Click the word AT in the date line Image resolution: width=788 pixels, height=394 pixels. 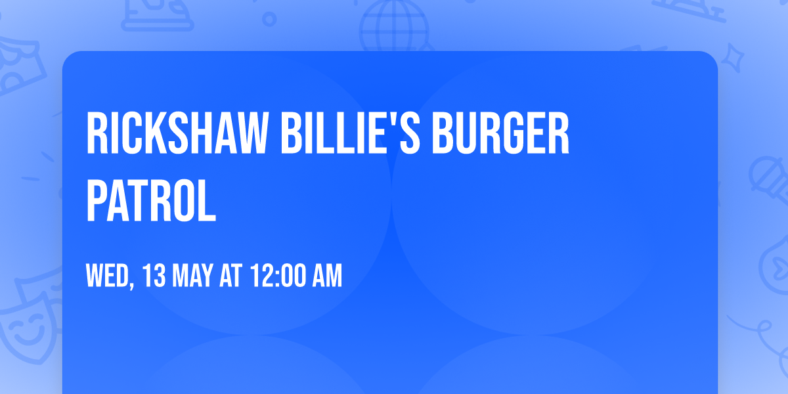(x=230, y=276)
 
